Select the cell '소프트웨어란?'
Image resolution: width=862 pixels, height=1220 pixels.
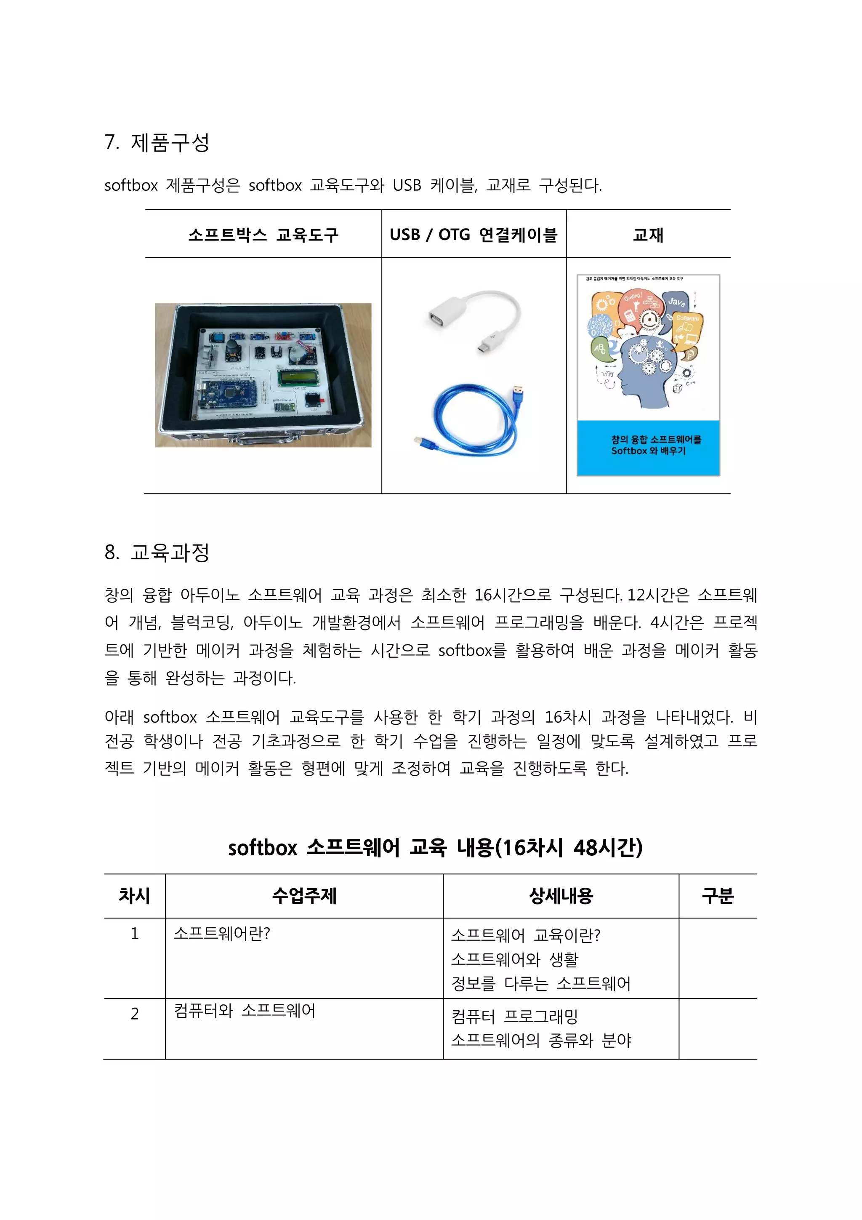222,934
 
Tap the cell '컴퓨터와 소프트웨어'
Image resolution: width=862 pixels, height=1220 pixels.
244,1010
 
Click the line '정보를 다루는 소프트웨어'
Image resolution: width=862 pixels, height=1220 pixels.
541,984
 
